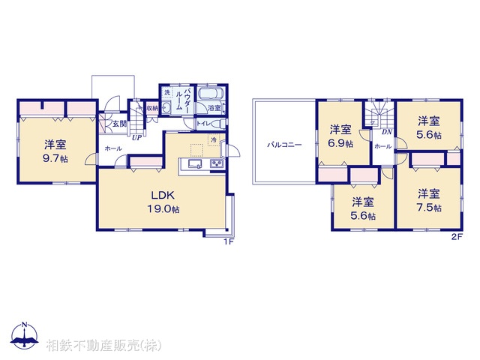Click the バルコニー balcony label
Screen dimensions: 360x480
coord(286,143)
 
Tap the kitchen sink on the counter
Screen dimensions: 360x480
coord(193,165)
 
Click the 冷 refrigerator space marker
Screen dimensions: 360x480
coord(213,140)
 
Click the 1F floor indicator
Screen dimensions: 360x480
coord(229,241)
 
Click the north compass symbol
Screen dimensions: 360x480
coord(24,336)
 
